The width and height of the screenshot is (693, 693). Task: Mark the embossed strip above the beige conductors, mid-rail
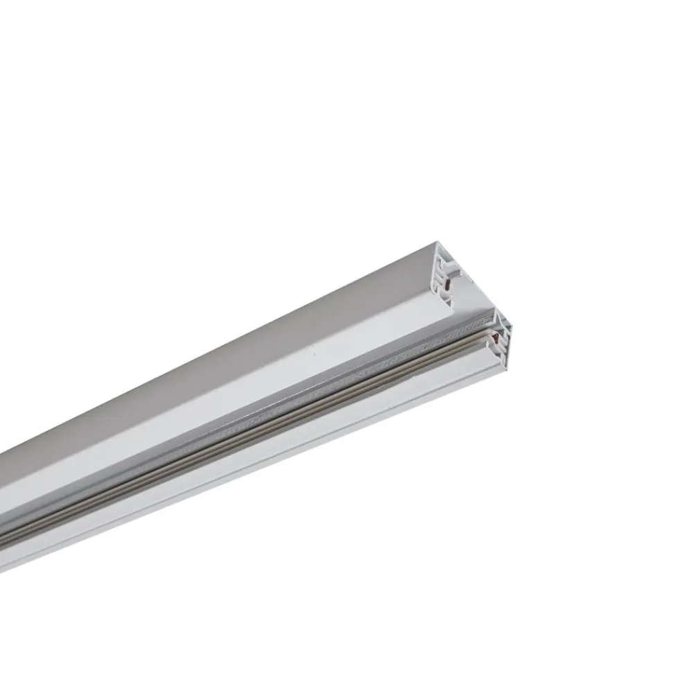(277, 416)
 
